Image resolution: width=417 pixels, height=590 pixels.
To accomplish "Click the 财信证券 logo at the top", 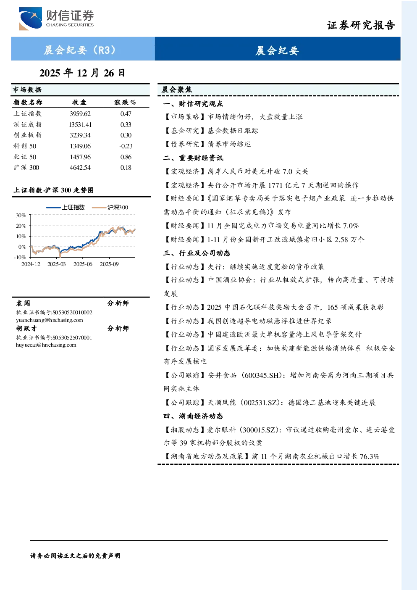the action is [56, 18].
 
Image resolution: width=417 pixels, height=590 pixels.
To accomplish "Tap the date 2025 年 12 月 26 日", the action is [82, 73].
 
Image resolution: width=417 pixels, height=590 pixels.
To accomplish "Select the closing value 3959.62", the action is [80, 114].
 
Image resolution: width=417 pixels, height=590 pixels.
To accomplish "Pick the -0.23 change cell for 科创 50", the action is [126, 146].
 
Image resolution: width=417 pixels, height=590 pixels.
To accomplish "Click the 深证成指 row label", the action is [28, 124].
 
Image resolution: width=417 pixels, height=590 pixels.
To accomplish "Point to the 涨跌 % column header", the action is [125, 103].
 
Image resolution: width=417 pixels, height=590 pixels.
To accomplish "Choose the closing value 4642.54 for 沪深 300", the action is [80, 168].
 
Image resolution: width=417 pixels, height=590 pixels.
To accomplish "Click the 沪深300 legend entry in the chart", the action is [110, 208].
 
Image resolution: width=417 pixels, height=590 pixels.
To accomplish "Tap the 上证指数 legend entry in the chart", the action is [66, 208].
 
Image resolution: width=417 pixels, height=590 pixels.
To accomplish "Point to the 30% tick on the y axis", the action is [21, 216].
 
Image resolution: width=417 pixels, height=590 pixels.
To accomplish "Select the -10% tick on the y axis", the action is [20, 257].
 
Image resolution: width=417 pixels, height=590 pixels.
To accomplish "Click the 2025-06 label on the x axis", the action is [83, 264].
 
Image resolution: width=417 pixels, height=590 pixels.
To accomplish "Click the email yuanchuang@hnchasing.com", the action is [50, 320].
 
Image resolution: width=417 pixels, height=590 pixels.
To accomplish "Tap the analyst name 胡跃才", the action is [26, 329].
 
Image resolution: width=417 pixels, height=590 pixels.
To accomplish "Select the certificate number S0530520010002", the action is [72, 313].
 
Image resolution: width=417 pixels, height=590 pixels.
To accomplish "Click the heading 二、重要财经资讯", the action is [193, 158].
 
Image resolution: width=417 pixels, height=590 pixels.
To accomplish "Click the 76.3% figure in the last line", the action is [370, 456].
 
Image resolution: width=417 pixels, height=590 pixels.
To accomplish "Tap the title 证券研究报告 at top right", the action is [361, 26].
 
